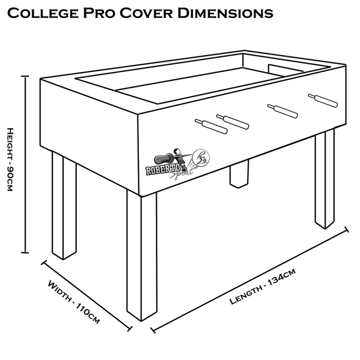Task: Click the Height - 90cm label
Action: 9,160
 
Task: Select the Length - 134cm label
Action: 262,289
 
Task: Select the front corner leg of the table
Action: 141,257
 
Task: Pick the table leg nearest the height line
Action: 64,206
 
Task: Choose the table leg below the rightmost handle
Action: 325,177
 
